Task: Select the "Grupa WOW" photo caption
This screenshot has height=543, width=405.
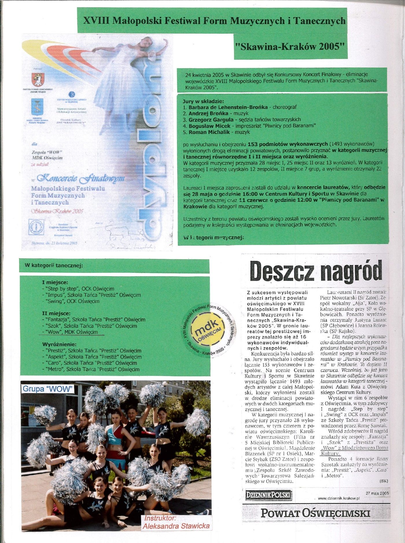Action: [x=47, y=389]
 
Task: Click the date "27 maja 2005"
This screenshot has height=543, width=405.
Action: [x=377, y=493]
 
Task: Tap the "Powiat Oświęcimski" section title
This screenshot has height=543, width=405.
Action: [x=315, y=513]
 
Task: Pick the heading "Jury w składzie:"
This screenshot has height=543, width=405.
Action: [x=203, y=102]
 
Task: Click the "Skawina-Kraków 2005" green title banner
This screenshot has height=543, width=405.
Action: [x=290, y=47]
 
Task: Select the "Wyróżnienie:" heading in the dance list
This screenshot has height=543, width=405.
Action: [x=59, y=345]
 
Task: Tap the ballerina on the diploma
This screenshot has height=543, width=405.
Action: [x=124, y=72]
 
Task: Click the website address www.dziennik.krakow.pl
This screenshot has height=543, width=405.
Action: [x=338, y=498]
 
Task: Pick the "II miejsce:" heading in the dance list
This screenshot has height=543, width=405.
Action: [x=56, y=313]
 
